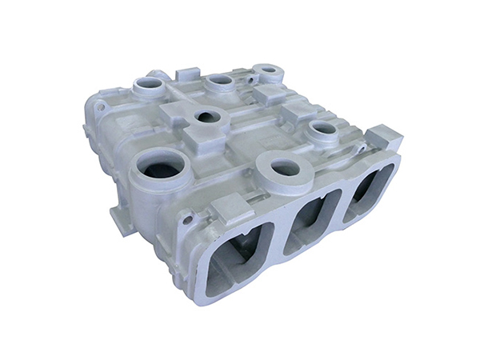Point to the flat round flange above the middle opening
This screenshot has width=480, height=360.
click(284, 169)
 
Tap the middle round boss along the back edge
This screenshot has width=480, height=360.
click(218, 81)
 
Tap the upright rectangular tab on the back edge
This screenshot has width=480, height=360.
click(188, 74)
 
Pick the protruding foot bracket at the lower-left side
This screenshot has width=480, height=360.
click(119, 222)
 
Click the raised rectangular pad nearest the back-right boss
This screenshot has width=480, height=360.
click(269, 94)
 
